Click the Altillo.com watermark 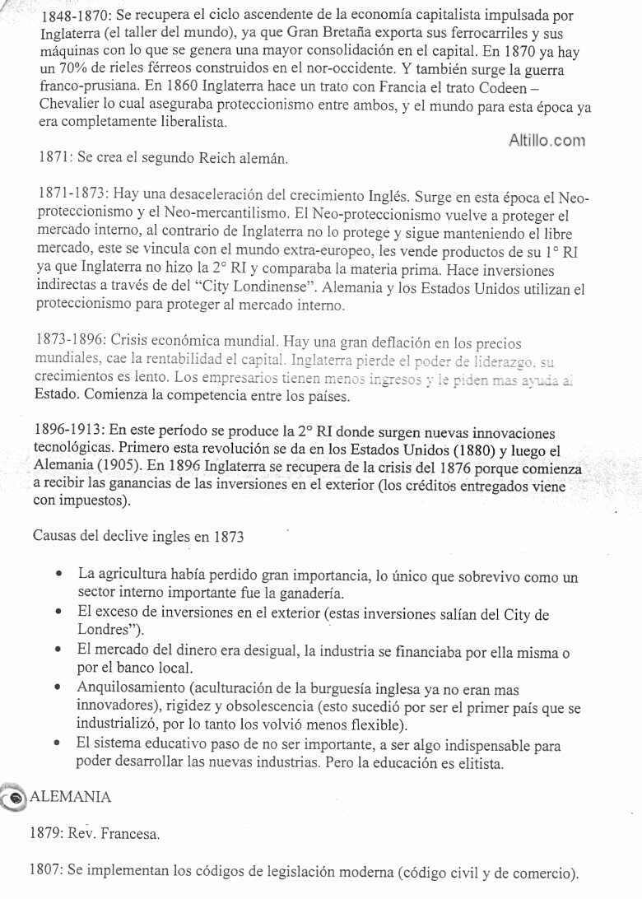coord(547,141)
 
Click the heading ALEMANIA coord(70,797)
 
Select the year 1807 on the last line coord(46,871)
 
